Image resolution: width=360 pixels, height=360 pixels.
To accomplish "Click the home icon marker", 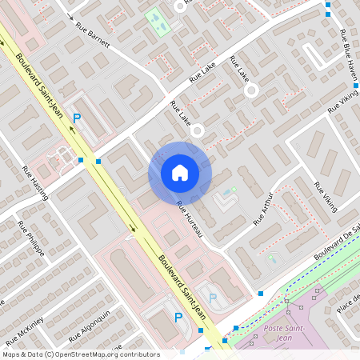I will (x=180, y=173).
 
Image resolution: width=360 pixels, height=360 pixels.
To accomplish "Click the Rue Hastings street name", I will (x=36, y=185).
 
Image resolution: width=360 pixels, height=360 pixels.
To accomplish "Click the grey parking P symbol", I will (x=212, y=298).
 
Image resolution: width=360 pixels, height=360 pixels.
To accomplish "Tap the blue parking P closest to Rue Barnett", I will (x=77, y=118).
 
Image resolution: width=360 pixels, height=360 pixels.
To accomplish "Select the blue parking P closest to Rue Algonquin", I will (x=178, y=317).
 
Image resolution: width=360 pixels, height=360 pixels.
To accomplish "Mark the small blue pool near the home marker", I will (x=233, y=191).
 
